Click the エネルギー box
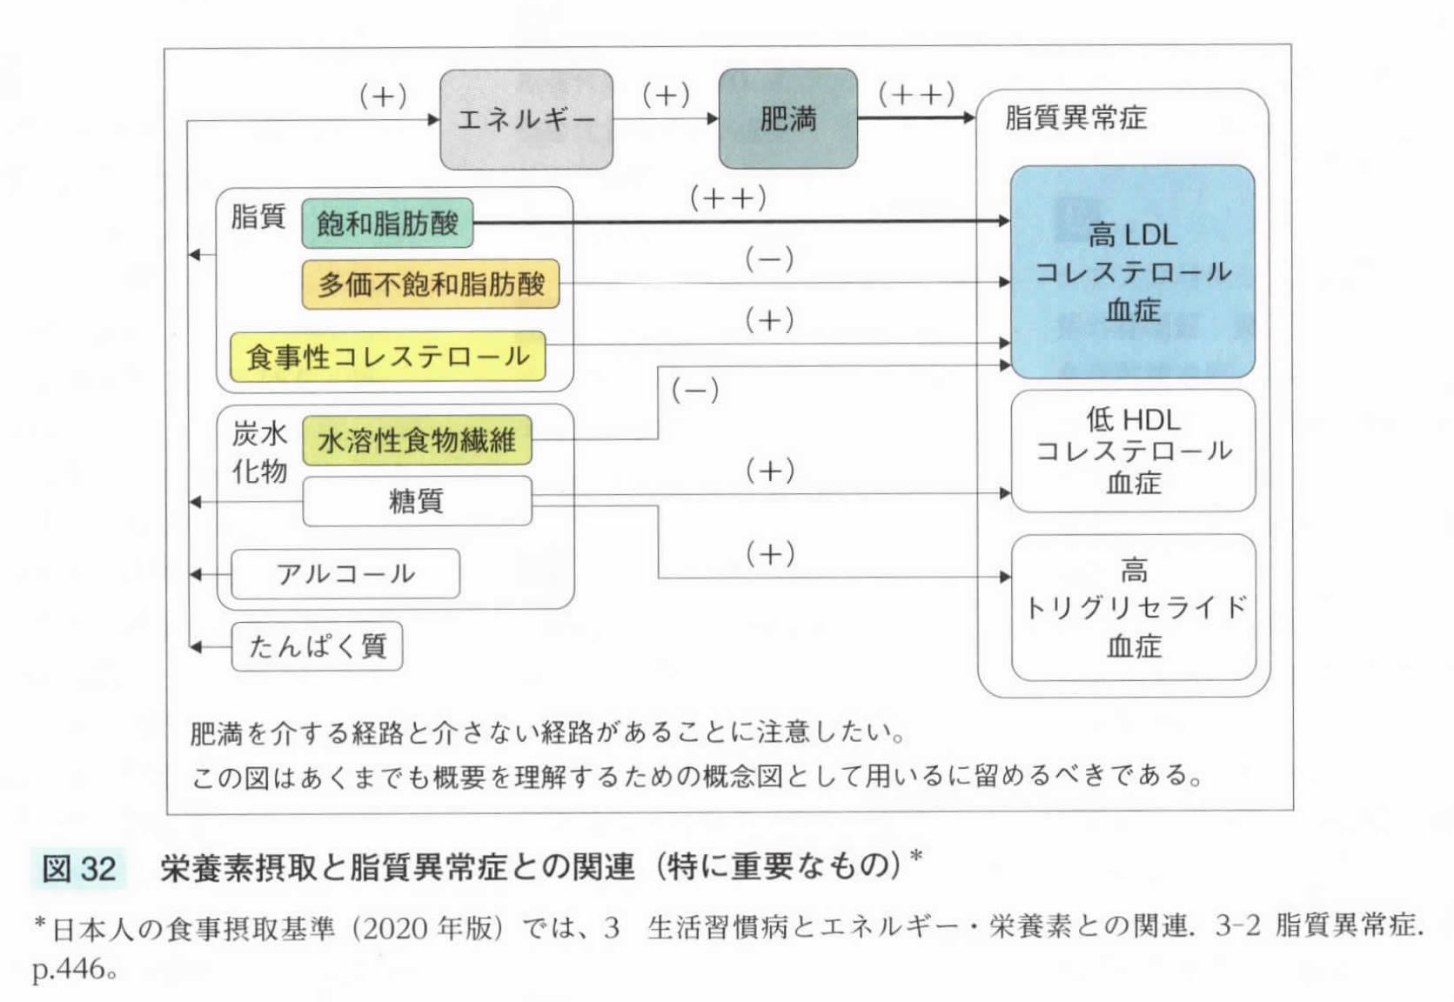point(526,119)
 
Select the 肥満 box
point(787,119)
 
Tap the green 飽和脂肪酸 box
point(387,224)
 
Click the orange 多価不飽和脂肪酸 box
point(431,284)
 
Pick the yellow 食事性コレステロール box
point(387,357)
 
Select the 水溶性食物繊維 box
point(417,440)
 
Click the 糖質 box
point(417,501)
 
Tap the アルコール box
point(345,574)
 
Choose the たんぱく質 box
point(317,646)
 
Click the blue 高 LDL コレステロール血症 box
point(1132,271)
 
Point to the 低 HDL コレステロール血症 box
point(1133,451)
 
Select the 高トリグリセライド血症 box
point(1133,607)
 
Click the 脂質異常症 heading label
point(1075,117)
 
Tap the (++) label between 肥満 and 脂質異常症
point(916,93)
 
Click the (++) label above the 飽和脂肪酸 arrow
point(728,198)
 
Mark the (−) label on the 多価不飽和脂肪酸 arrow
point(769,259)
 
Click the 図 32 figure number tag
point(78,867)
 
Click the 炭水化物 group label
point(258,452)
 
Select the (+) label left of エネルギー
point(383,95)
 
